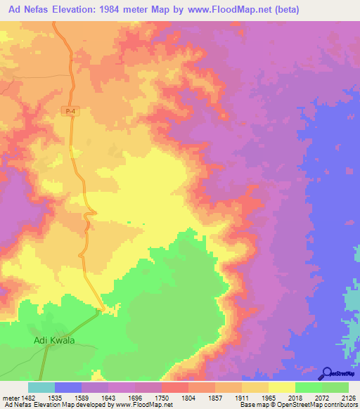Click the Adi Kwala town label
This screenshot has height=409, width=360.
tap(54, 341)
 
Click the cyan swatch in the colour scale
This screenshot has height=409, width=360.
tap(41, 387)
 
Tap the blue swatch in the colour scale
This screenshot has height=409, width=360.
tap(68, 387)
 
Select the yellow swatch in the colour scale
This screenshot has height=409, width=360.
tap(281, 387)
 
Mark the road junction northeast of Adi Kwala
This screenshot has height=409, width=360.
tap(103, 309)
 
